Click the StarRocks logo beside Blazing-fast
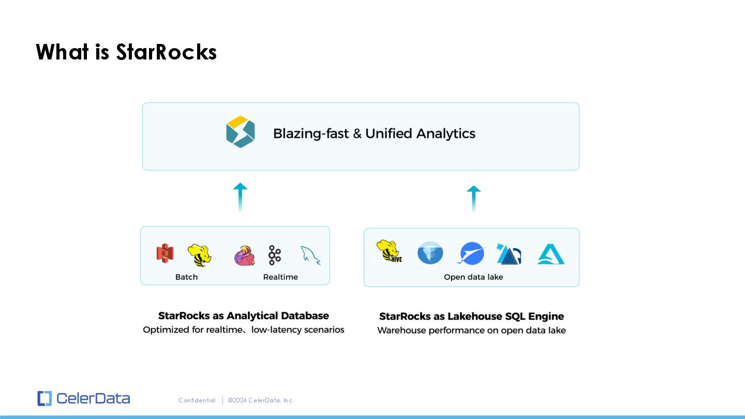(241, 132)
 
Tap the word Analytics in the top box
(445, 133)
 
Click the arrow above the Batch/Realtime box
(240, 197)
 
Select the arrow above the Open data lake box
(473, 199)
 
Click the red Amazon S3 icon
(165, 253)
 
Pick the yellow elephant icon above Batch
(200, 255)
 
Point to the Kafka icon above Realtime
(275, 255)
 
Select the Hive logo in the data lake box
(390, 251)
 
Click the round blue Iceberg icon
(430, 253)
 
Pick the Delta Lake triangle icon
(509, 254)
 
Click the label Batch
(186, 277)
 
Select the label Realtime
(280, 277)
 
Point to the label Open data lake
(473, 277)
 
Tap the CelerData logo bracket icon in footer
(44, 398)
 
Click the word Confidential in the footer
(197, 400)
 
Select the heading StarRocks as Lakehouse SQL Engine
(471, 316)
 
